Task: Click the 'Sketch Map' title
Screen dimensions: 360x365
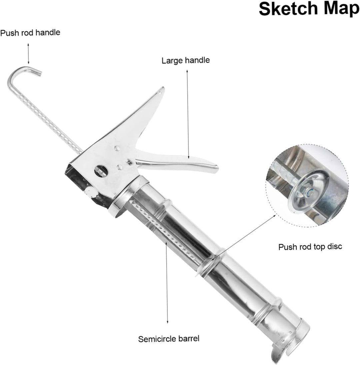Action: tap(309, 9)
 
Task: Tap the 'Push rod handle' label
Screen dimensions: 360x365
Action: tap(30, 33)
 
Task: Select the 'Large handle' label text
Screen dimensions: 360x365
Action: tap(186, 60)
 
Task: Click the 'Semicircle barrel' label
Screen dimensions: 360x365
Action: tap(169, 339)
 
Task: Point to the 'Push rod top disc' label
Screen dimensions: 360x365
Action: tap(310, 247)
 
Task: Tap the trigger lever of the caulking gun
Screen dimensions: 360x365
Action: tap(177, 160)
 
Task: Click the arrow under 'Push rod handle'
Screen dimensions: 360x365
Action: tap(28, 53)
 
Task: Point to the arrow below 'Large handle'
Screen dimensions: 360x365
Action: tap(188, 114)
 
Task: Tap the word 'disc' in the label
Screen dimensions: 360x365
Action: tap(335, 246)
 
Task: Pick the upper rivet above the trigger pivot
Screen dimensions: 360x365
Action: tap(117, 148)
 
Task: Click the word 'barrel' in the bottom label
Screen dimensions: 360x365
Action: tap(189, 338)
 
